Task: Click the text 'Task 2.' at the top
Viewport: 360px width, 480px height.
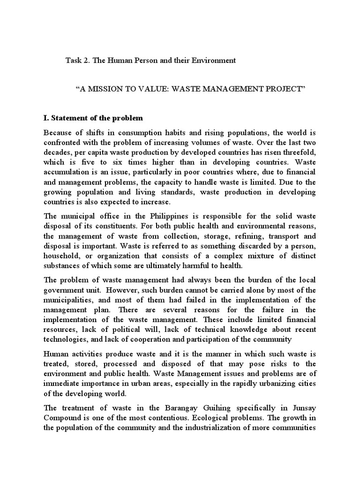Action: [76, 61]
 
